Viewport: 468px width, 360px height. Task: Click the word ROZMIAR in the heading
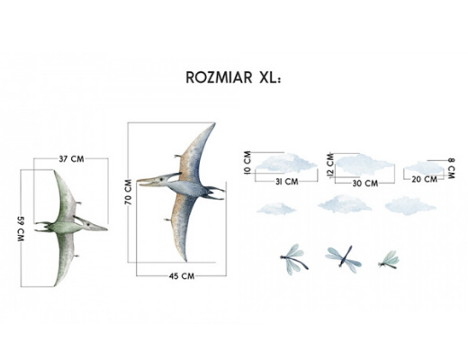pyautogui.click(x=219, y=77)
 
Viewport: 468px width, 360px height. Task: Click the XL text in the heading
pyautogui.click(x=269, y=77)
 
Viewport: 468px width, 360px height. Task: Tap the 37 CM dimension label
pyautogui.click(x=71, y=158)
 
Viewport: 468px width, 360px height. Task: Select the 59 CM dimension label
pyautogui.click(x=21, y=229)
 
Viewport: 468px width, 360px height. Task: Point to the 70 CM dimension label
pyautogui.click(x=128, y=192)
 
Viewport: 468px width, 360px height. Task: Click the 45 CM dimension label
pyautogui.click(x=182, y=276)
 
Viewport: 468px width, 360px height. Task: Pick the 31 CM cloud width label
pyautogui.click(x=287, y=182)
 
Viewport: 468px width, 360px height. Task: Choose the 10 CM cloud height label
pyautogui.click(x=247, y=163)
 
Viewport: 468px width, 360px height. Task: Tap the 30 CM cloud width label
pyautogui.click(x=365, y=183)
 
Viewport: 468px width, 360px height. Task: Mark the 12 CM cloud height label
pyautogui.click(x=330, y=165)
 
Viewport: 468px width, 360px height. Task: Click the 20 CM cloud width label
pyautogui.click(x=424, y=179)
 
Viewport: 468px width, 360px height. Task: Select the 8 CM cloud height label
pyautogui.click(x=451, y=168)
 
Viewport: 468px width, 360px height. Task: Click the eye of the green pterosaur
pyautogui.click(x=88, y=224)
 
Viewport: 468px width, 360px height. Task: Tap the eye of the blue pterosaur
pyautogui.click(x=161, y=179)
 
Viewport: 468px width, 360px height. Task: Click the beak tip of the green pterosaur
pyautogui.click(x=106, y=229)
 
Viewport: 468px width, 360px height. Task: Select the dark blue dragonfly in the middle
pyautogui.click(x=344, y=256)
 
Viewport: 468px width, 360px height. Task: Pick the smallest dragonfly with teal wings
pyautogui.click(x=389, y=260)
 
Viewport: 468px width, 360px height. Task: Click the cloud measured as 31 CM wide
pyautogui.click(x=285, y=163)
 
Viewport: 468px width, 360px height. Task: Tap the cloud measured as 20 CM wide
pyautogui.click(x=424, y=167)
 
